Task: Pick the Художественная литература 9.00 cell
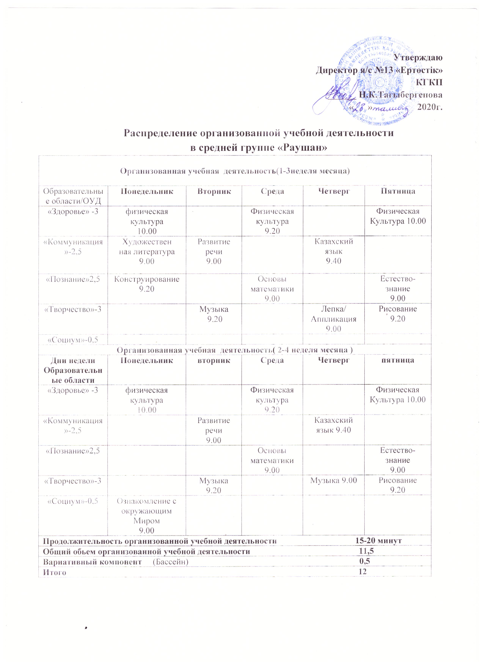coord(147,252)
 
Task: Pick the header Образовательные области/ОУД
coord(73,196)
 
